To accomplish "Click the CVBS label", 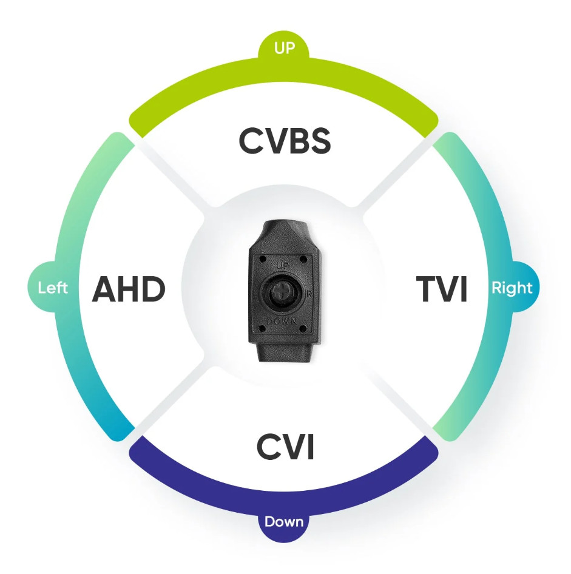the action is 285,141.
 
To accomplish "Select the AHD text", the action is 129,289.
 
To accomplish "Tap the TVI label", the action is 442,289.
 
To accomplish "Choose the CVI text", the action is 285,446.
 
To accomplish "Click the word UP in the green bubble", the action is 285,47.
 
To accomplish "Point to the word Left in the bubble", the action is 53,288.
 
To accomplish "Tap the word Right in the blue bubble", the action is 512,288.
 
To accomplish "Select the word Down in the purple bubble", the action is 284,521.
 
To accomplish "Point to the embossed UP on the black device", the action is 282,265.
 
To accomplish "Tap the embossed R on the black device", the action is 309,294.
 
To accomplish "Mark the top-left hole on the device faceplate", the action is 262,259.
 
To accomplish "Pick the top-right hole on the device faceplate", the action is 303,259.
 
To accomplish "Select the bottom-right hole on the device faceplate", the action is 303,328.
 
